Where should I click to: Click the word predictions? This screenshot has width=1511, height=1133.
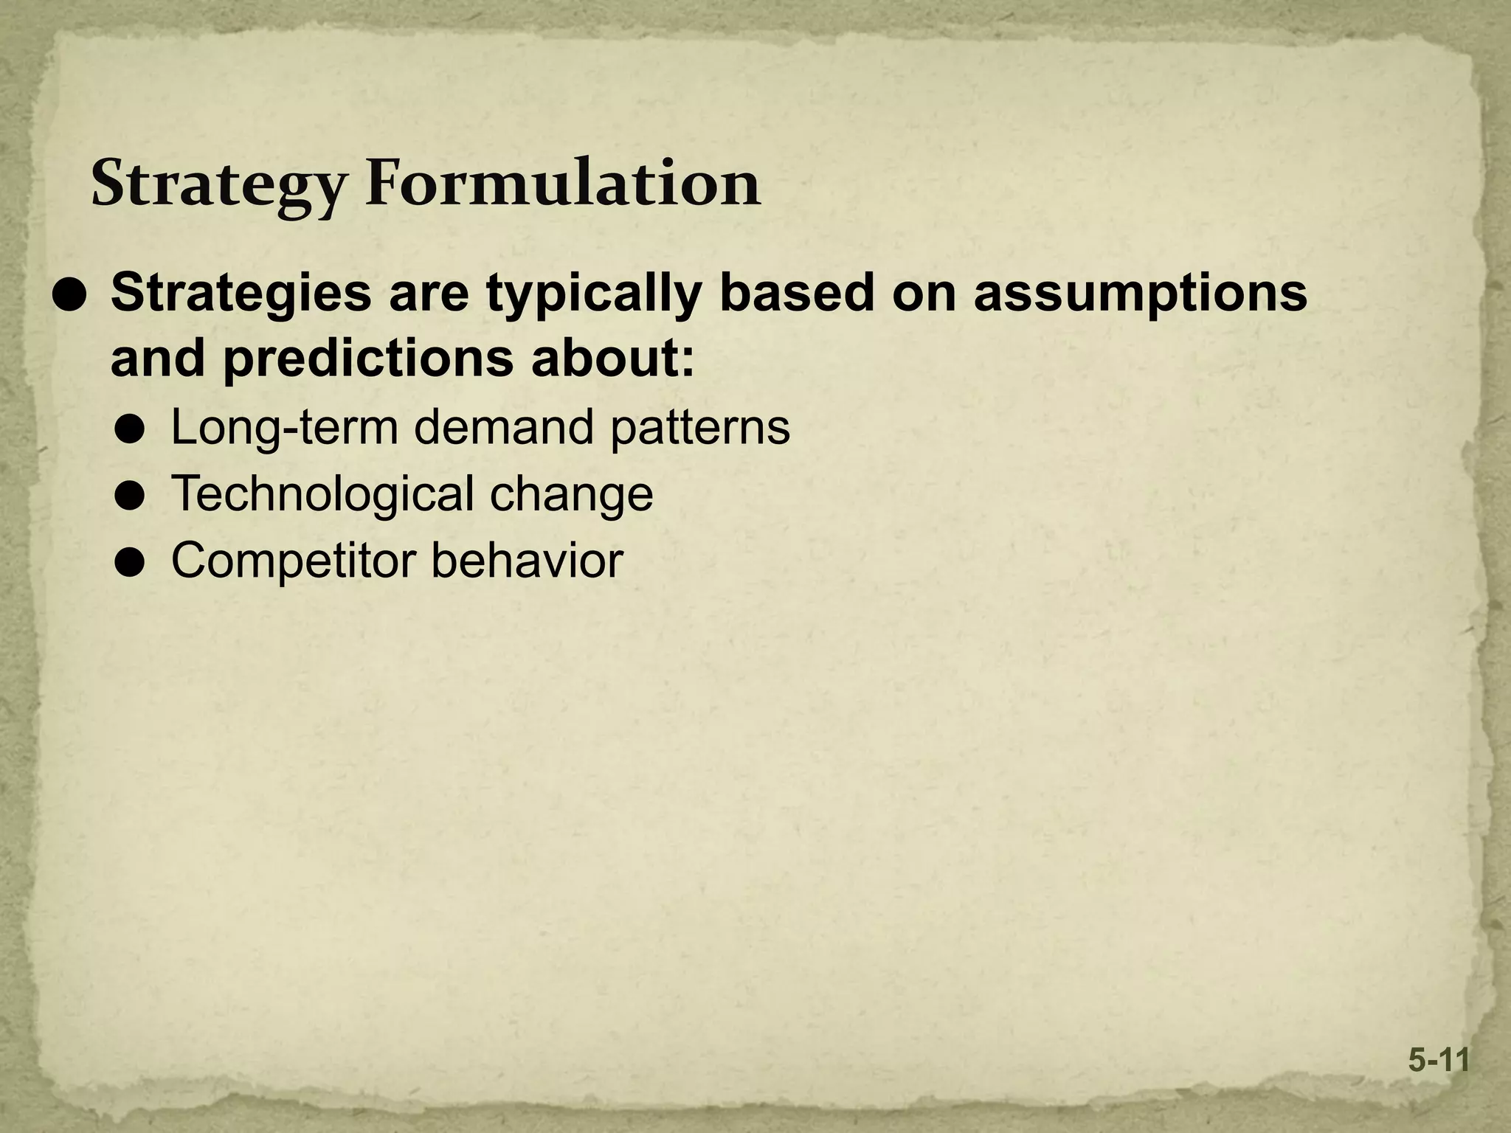(367, 359)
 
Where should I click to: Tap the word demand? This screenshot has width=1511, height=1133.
(504, 427)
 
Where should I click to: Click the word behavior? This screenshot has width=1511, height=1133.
(527, 560)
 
